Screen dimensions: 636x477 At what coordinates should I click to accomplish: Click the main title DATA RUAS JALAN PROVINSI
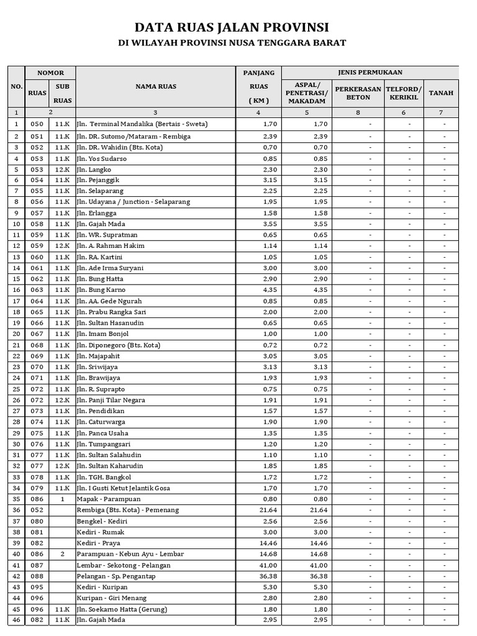[x=232, y=27]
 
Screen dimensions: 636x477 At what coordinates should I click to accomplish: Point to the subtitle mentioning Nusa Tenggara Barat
[x=232, y=43]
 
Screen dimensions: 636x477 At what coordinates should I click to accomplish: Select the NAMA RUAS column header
[x=155, y=86]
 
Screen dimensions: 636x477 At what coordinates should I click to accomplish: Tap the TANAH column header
[x=441, y=93]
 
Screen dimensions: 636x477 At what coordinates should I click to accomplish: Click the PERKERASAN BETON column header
[x=358, y=93]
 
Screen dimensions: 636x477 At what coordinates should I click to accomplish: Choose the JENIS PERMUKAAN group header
[x=371, y=73]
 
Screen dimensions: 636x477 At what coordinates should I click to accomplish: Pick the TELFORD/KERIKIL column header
[x=404, y=93]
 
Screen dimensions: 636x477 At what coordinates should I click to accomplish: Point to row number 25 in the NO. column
[x=16, y=389]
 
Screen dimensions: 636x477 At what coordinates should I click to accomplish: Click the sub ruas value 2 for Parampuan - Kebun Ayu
[x=62, y=554]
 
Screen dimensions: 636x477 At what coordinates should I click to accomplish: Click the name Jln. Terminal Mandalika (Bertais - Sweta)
[x=142, y=124]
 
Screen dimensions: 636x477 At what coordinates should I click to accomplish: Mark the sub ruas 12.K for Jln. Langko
[x=62, y=169]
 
